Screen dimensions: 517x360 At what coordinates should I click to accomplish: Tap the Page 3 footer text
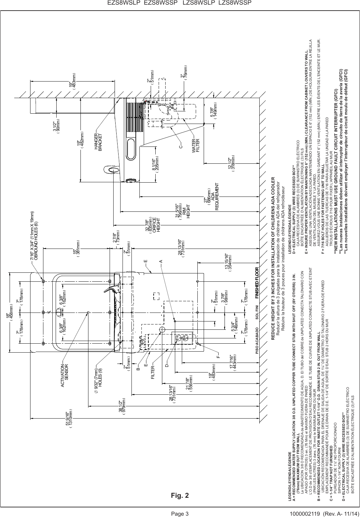180,514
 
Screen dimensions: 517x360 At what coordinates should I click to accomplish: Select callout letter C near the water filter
181,145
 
